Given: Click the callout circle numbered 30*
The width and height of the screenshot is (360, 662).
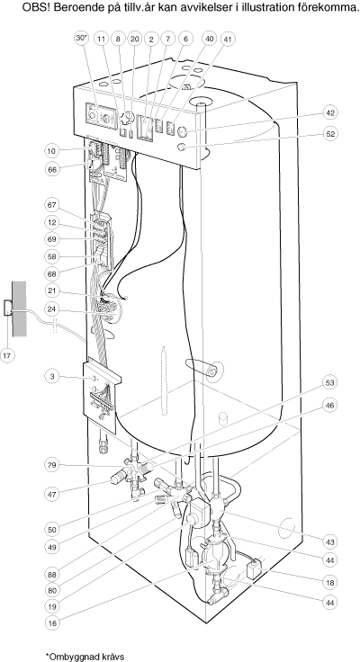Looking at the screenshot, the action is click(82, 39).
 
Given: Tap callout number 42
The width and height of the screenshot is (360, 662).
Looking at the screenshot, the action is click(330, 112).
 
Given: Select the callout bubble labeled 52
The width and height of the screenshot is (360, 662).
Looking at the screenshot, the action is click(330, 133).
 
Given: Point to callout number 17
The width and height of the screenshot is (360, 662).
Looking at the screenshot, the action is click(7, 355).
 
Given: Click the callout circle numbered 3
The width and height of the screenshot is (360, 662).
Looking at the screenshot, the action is click(52, 376).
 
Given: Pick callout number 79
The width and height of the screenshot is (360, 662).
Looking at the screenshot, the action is click(52, 465).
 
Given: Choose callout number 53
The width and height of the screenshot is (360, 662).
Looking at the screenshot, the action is click(330, 382).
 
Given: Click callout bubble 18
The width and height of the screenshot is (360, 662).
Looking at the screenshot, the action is click(330, 582).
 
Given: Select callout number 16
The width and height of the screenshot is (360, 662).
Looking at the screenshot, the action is click(52, 622).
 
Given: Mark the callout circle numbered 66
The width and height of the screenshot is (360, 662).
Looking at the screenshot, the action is click(52, 169).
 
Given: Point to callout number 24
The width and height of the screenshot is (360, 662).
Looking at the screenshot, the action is click(52, 309).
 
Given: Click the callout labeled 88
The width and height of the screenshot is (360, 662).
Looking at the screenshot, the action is click(52, 574).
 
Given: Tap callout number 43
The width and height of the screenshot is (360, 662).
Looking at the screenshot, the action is click(330, 541).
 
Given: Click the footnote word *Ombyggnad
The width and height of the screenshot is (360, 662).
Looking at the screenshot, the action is click(70, 656).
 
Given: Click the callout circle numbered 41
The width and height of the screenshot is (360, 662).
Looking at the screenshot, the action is click(228, 39).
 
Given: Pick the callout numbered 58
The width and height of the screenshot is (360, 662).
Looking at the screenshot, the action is click(52, 256).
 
